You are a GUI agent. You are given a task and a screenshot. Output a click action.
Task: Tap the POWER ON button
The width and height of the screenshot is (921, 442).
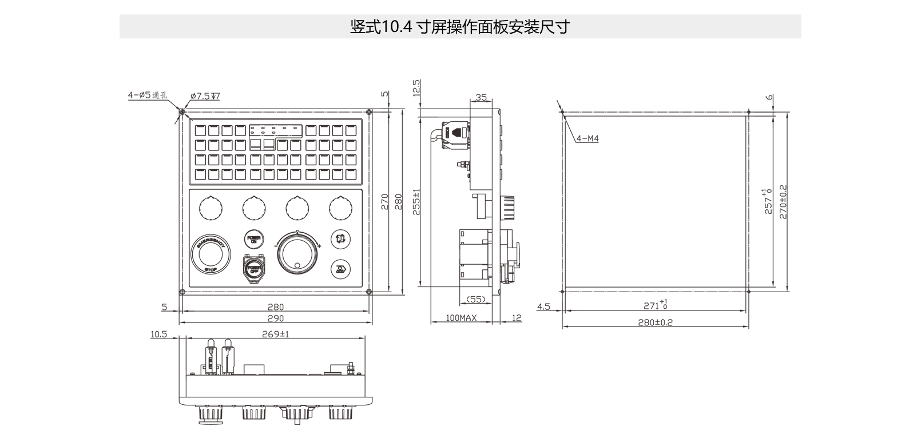(x=253, y=239)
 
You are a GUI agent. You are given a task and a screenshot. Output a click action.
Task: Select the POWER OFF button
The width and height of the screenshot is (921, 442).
(x=253, y=268)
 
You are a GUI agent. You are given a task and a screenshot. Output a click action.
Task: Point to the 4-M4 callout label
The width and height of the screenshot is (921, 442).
(x=587, y=139)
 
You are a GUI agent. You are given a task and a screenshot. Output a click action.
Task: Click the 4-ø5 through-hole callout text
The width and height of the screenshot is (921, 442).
(x=147, y=95)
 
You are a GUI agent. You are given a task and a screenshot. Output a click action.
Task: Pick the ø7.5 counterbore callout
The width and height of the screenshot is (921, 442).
(x=205, y=96)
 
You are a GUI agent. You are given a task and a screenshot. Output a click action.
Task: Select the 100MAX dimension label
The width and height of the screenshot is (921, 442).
(x=461, y=318)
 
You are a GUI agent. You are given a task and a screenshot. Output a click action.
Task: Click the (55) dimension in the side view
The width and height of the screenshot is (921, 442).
(x=476, y=299)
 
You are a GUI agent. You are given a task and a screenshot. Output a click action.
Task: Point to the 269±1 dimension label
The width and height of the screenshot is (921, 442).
(x=275, y=334)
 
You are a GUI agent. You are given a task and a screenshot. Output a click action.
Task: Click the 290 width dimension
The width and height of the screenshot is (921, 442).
(x=275, y=318)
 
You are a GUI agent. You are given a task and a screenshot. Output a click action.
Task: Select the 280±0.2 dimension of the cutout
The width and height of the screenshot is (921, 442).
(x=655, y=322)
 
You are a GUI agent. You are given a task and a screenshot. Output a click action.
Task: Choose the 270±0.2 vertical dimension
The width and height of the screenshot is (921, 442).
(x=783, y=201)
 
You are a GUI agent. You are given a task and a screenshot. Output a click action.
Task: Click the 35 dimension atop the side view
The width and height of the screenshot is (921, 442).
(x=481, y=98)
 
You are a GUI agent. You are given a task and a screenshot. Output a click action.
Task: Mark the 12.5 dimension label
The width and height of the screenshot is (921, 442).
(x=416, y=87)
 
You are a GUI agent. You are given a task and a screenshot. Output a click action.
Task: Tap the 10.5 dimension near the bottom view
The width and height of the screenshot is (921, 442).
(x=158, y=334)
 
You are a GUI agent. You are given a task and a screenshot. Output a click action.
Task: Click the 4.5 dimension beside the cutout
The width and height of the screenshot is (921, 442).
(x=543, y=307)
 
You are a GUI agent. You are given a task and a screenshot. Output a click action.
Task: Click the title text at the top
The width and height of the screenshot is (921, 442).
(x=459, y=27)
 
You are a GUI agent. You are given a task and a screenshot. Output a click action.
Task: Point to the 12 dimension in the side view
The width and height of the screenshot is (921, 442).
(x=517, y=318)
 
